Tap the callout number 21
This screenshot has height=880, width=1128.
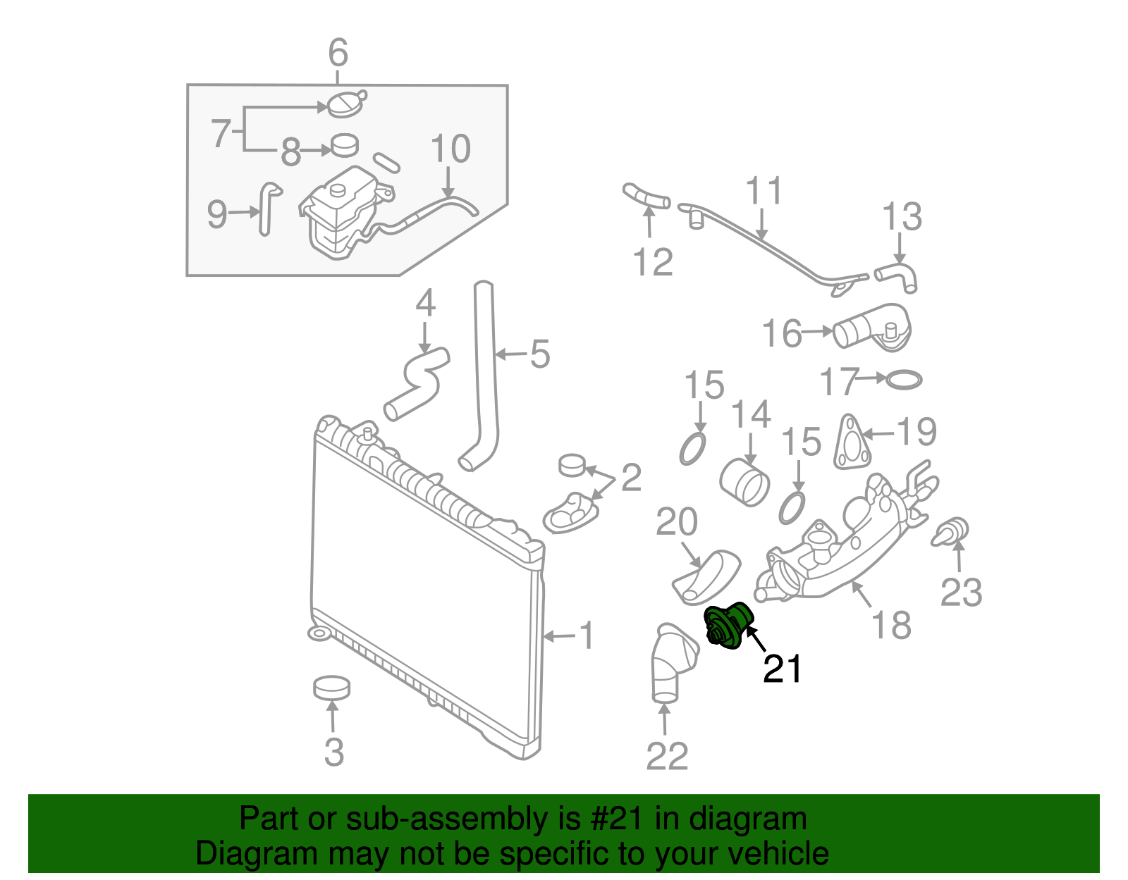tap(782, 670)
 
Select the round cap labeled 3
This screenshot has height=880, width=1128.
tap(331, 688)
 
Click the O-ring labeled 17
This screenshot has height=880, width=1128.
tap(903, 380)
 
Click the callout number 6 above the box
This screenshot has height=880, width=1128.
tap(338, 53)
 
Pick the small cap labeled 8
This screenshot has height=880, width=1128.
tap(345, 145)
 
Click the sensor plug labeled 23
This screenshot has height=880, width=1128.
tap(952, 532)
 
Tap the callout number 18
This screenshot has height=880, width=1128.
tap(891, 625)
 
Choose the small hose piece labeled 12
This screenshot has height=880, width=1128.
tap(645, 197)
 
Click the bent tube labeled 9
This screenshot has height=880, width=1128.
tap(268, 208)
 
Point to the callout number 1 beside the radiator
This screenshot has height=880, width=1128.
tap(587, 636)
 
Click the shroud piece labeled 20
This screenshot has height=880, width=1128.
tap(706, 577)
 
